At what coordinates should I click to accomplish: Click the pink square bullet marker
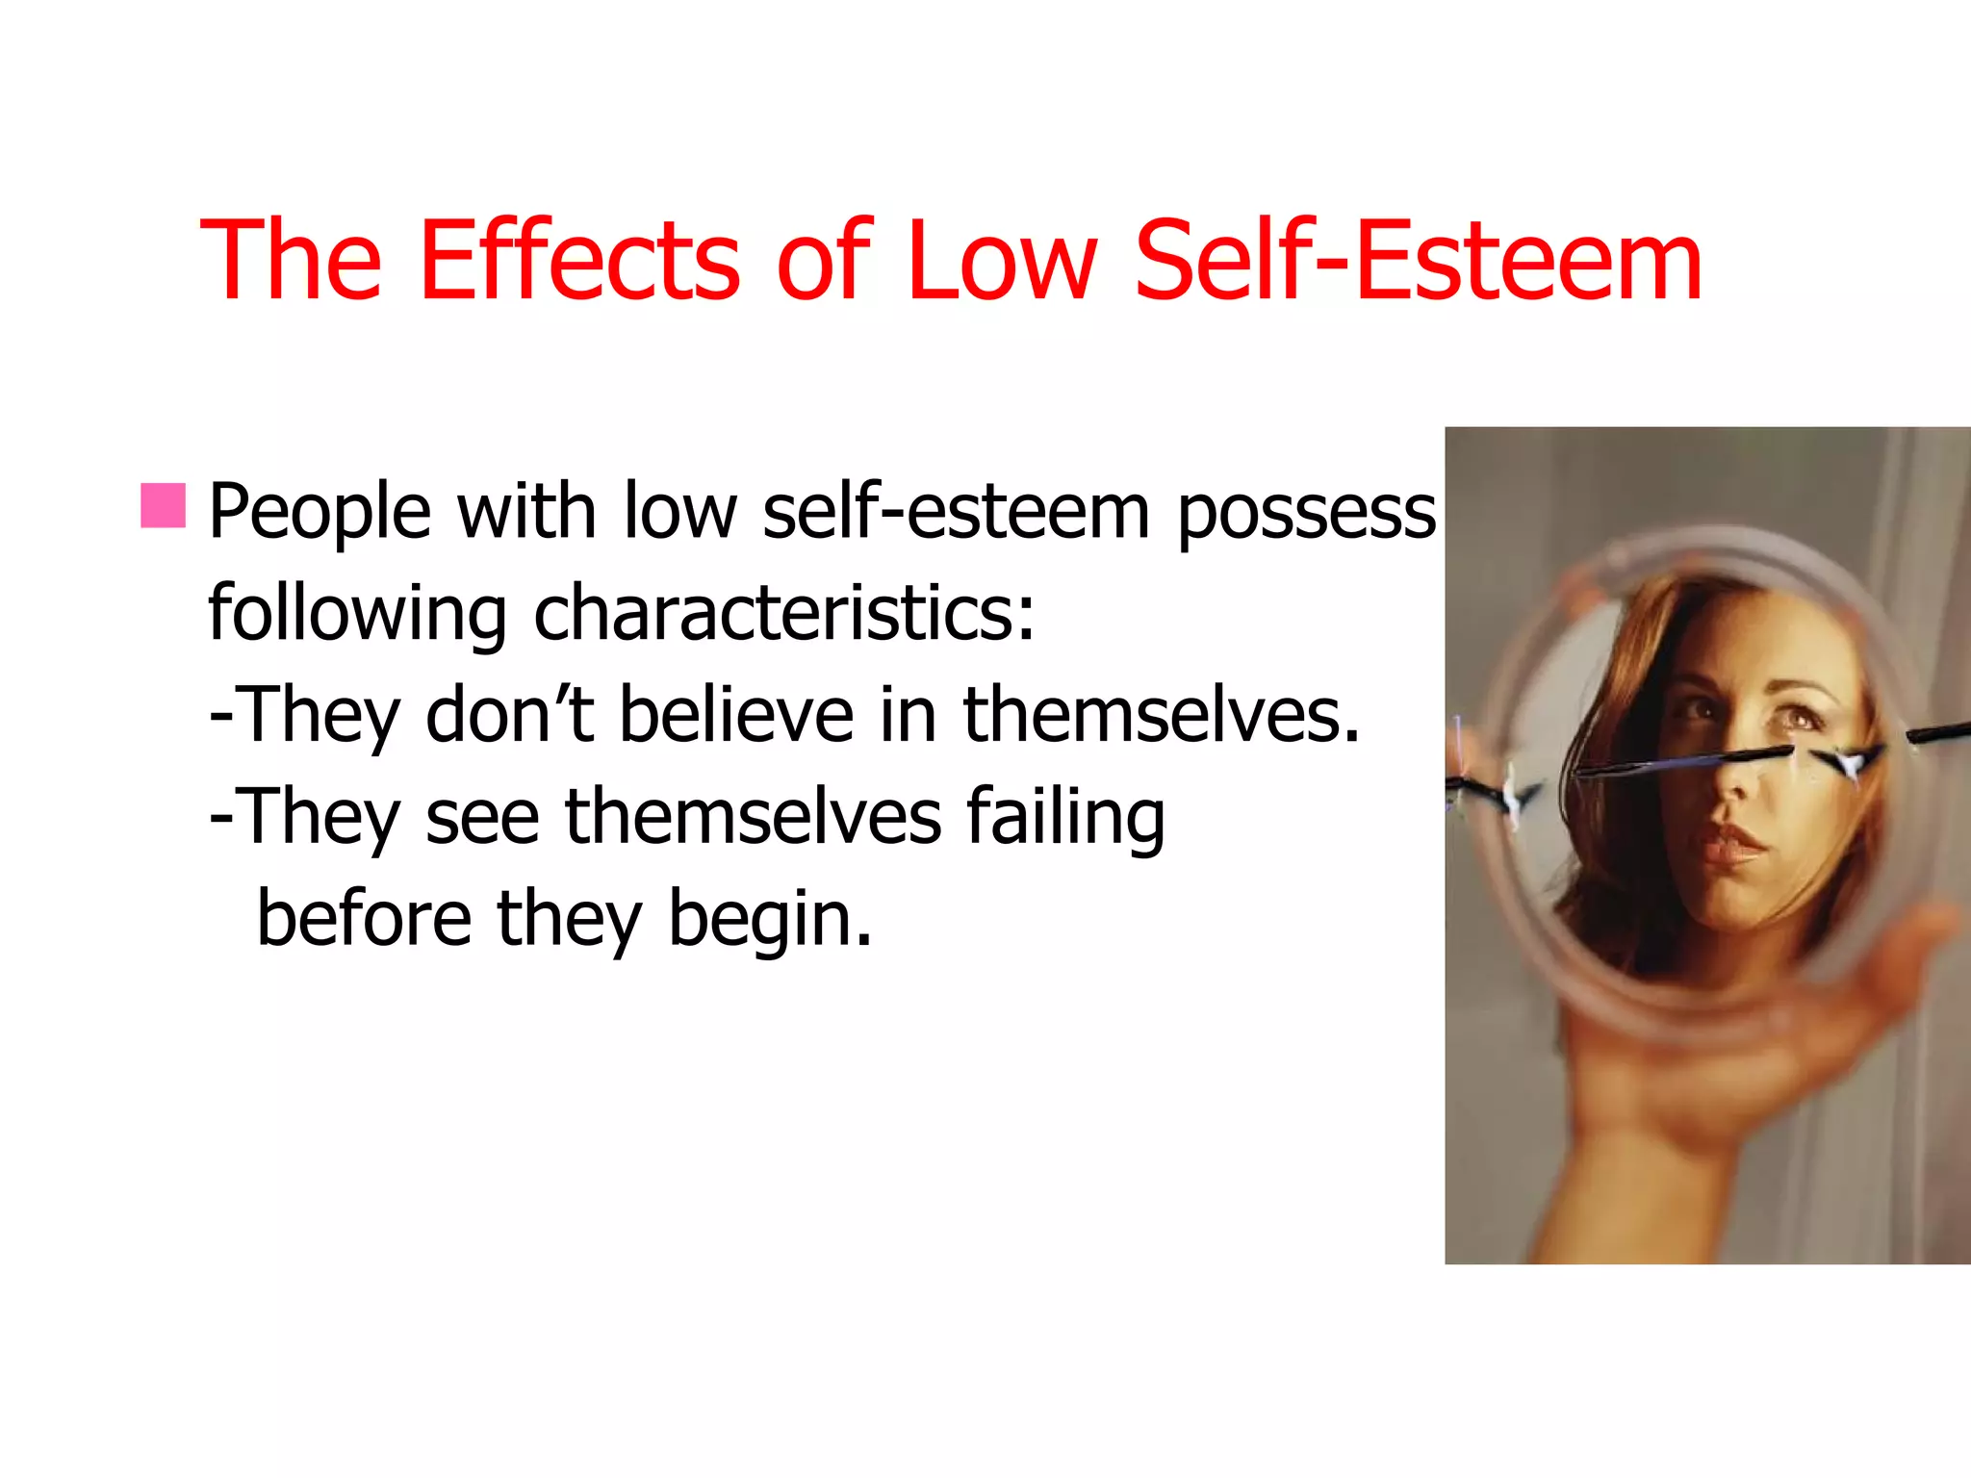(x=163, y=506)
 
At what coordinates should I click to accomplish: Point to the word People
(x=320, y=512)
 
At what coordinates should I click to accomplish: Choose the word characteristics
(x=783, y=613)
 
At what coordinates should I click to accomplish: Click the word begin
(x=770, y=921)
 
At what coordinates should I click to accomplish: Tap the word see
(x=481, y=818)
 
